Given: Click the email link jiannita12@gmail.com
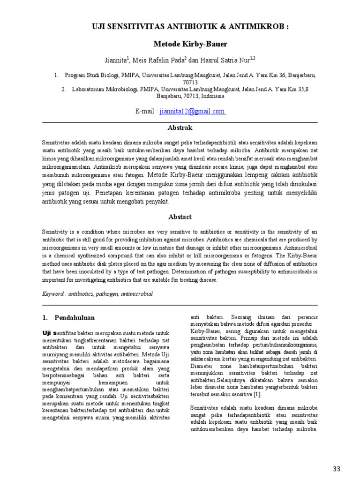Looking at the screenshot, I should tap(192, 112).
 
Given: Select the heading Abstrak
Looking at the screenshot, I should tap(180, 127).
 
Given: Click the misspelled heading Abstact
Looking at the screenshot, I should tap(180, 217).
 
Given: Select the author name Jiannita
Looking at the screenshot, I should tap(116, 60).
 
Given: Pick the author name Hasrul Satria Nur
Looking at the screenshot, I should tap(231, 60).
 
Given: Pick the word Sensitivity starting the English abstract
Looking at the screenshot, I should tap(55, 232).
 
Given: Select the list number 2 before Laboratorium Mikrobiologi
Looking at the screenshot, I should tap(62, 89).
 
